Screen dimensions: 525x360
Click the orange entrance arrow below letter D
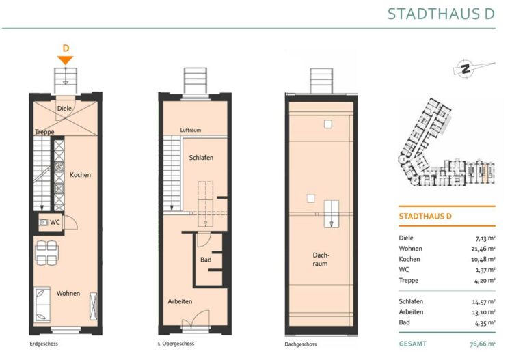(66, 60)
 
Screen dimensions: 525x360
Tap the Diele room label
(64, 109)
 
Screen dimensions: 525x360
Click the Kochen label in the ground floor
(81, 175)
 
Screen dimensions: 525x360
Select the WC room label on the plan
(55, 222)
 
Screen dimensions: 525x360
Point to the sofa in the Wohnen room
(42, 305)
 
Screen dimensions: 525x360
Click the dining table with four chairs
(46, 253)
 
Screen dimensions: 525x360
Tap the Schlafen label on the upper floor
(201, 158)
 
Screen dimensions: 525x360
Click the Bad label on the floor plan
(206, 260)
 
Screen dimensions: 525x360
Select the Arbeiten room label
(180, 301)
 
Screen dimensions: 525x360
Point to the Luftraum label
(191, 130)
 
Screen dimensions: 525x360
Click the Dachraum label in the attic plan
(321, 260)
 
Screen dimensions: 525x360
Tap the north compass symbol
(466, 68)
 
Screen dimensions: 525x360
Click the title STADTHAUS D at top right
(441, 14)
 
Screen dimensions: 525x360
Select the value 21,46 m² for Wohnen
(481, 249)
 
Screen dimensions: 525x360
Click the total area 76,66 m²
(483, 344)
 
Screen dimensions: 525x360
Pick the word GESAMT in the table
(412, 344)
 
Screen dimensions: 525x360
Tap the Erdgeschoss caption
(44, 344)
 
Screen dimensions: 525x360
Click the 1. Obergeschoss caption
(176, 344)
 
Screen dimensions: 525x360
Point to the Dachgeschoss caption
(301, 344)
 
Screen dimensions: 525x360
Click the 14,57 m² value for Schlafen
(483, 301)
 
